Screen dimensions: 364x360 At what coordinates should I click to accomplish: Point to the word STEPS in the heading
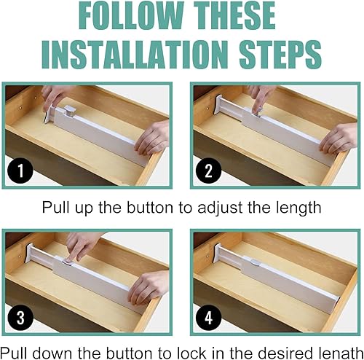point(280,55)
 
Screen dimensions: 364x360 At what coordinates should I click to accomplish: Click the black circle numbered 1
point(20,171)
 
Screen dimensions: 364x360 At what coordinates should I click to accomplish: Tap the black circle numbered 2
point(209,171)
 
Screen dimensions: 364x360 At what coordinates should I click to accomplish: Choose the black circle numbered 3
point(20,318)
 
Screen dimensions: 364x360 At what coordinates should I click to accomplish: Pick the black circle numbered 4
point(209,318)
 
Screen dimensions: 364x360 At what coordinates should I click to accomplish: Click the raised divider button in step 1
point(71,111)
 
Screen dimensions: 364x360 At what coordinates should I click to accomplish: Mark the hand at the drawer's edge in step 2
point(338,138)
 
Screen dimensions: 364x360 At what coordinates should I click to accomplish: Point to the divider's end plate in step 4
point(218,253)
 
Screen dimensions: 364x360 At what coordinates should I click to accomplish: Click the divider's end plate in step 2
point(218,105)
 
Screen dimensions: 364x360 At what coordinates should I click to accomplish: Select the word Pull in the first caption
point(57,208)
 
